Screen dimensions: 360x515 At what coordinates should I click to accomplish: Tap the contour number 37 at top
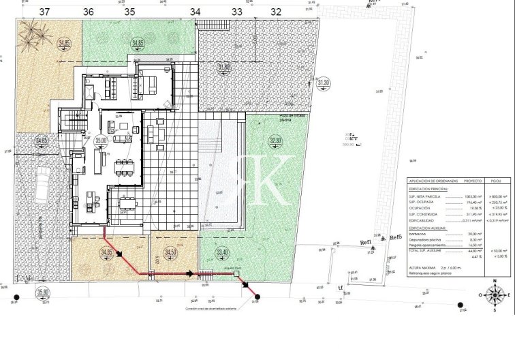click(45, 12)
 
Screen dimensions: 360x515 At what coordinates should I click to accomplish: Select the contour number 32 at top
click(275, 12)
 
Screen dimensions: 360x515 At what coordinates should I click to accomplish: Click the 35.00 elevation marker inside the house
click(102, 140)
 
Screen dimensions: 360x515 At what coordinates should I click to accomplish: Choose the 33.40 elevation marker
click(221, 252)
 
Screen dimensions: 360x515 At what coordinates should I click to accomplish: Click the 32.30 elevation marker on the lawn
click(276, 141)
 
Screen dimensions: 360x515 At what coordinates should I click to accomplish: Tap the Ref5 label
click(396, 237)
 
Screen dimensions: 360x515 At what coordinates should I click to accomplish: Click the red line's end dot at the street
click(257, 295)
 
